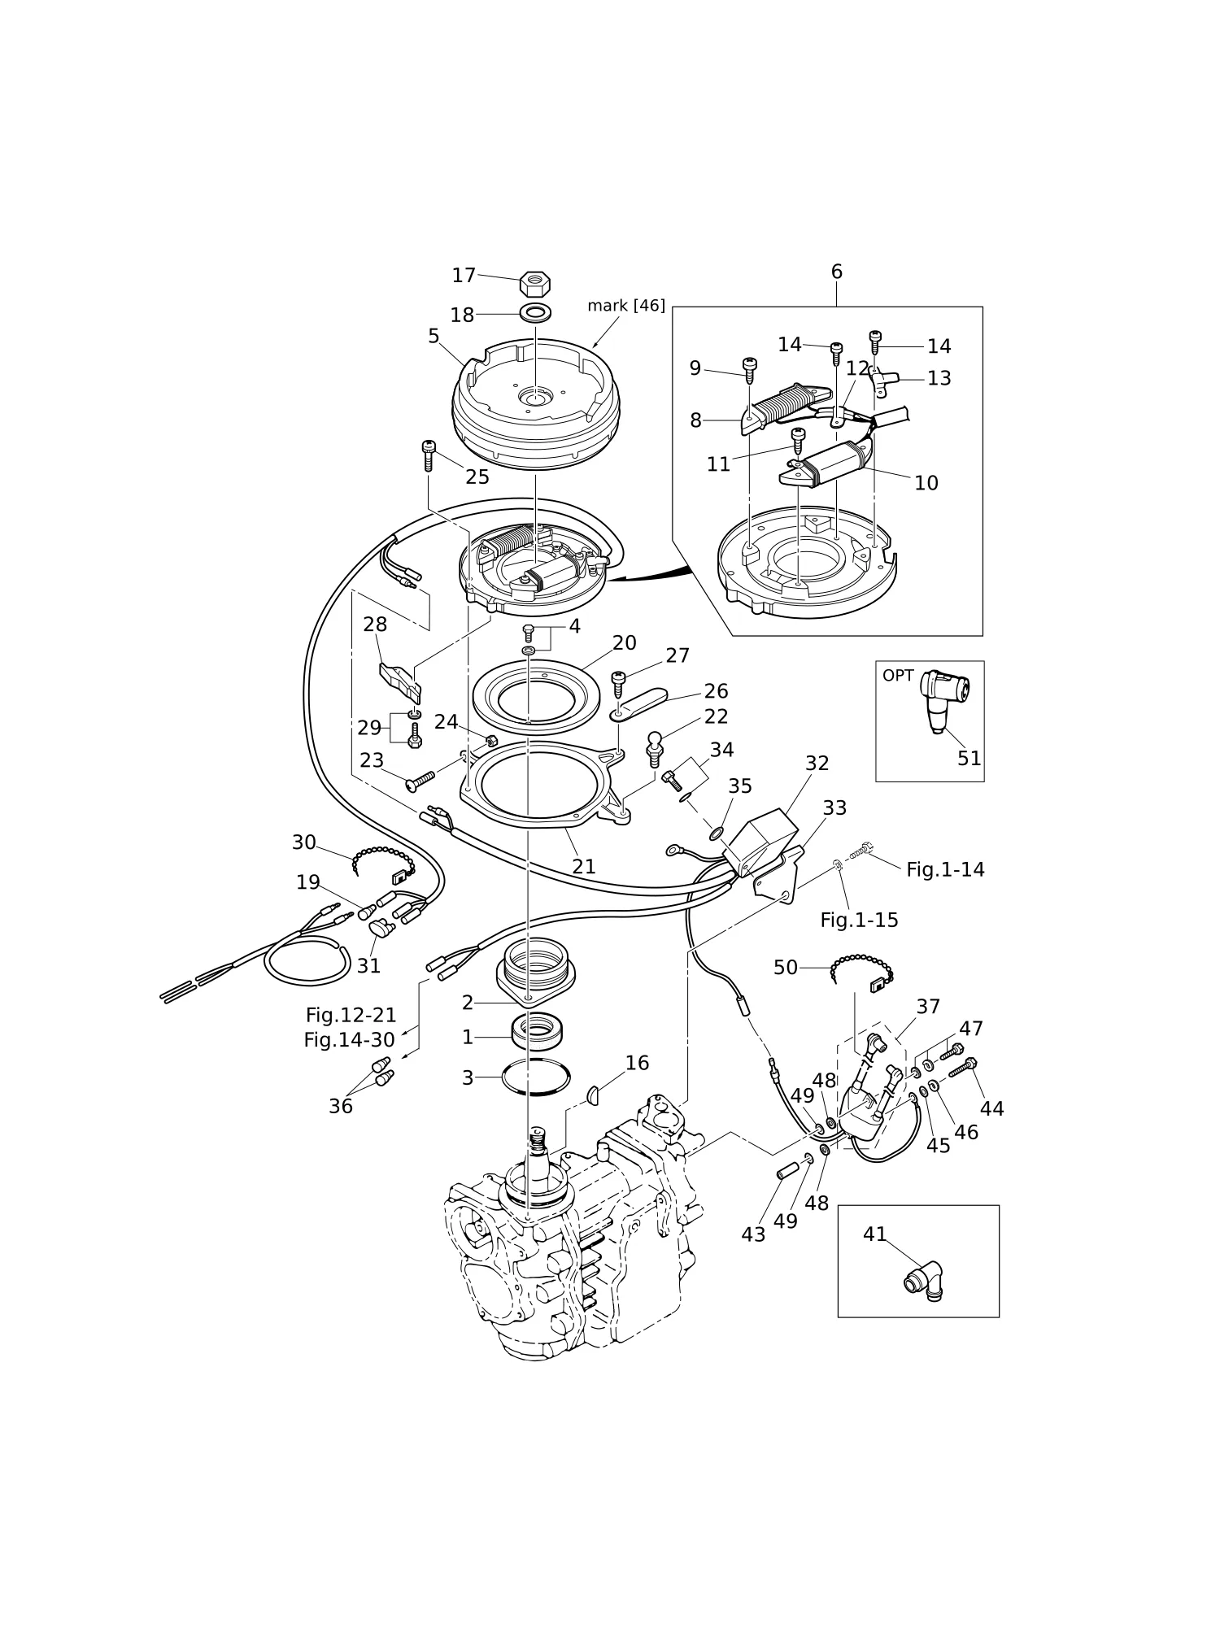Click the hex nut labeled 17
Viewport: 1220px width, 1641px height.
pyautogui.click(x=535, y=284)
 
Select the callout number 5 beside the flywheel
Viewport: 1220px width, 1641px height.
pyautogui.click(x=434, y=337)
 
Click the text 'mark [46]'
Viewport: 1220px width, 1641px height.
pyautogui.click(x=626, y=306)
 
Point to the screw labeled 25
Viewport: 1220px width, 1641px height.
pyautogui.click(x=429, y=455)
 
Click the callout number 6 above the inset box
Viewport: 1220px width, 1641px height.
pyautogui.click(x=836, y=272)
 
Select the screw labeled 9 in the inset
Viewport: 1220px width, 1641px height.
pyautogui.click(x=749, y=370)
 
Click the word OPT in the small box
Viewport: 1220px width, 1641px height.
pyautogui.click(x=898, y=676)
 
